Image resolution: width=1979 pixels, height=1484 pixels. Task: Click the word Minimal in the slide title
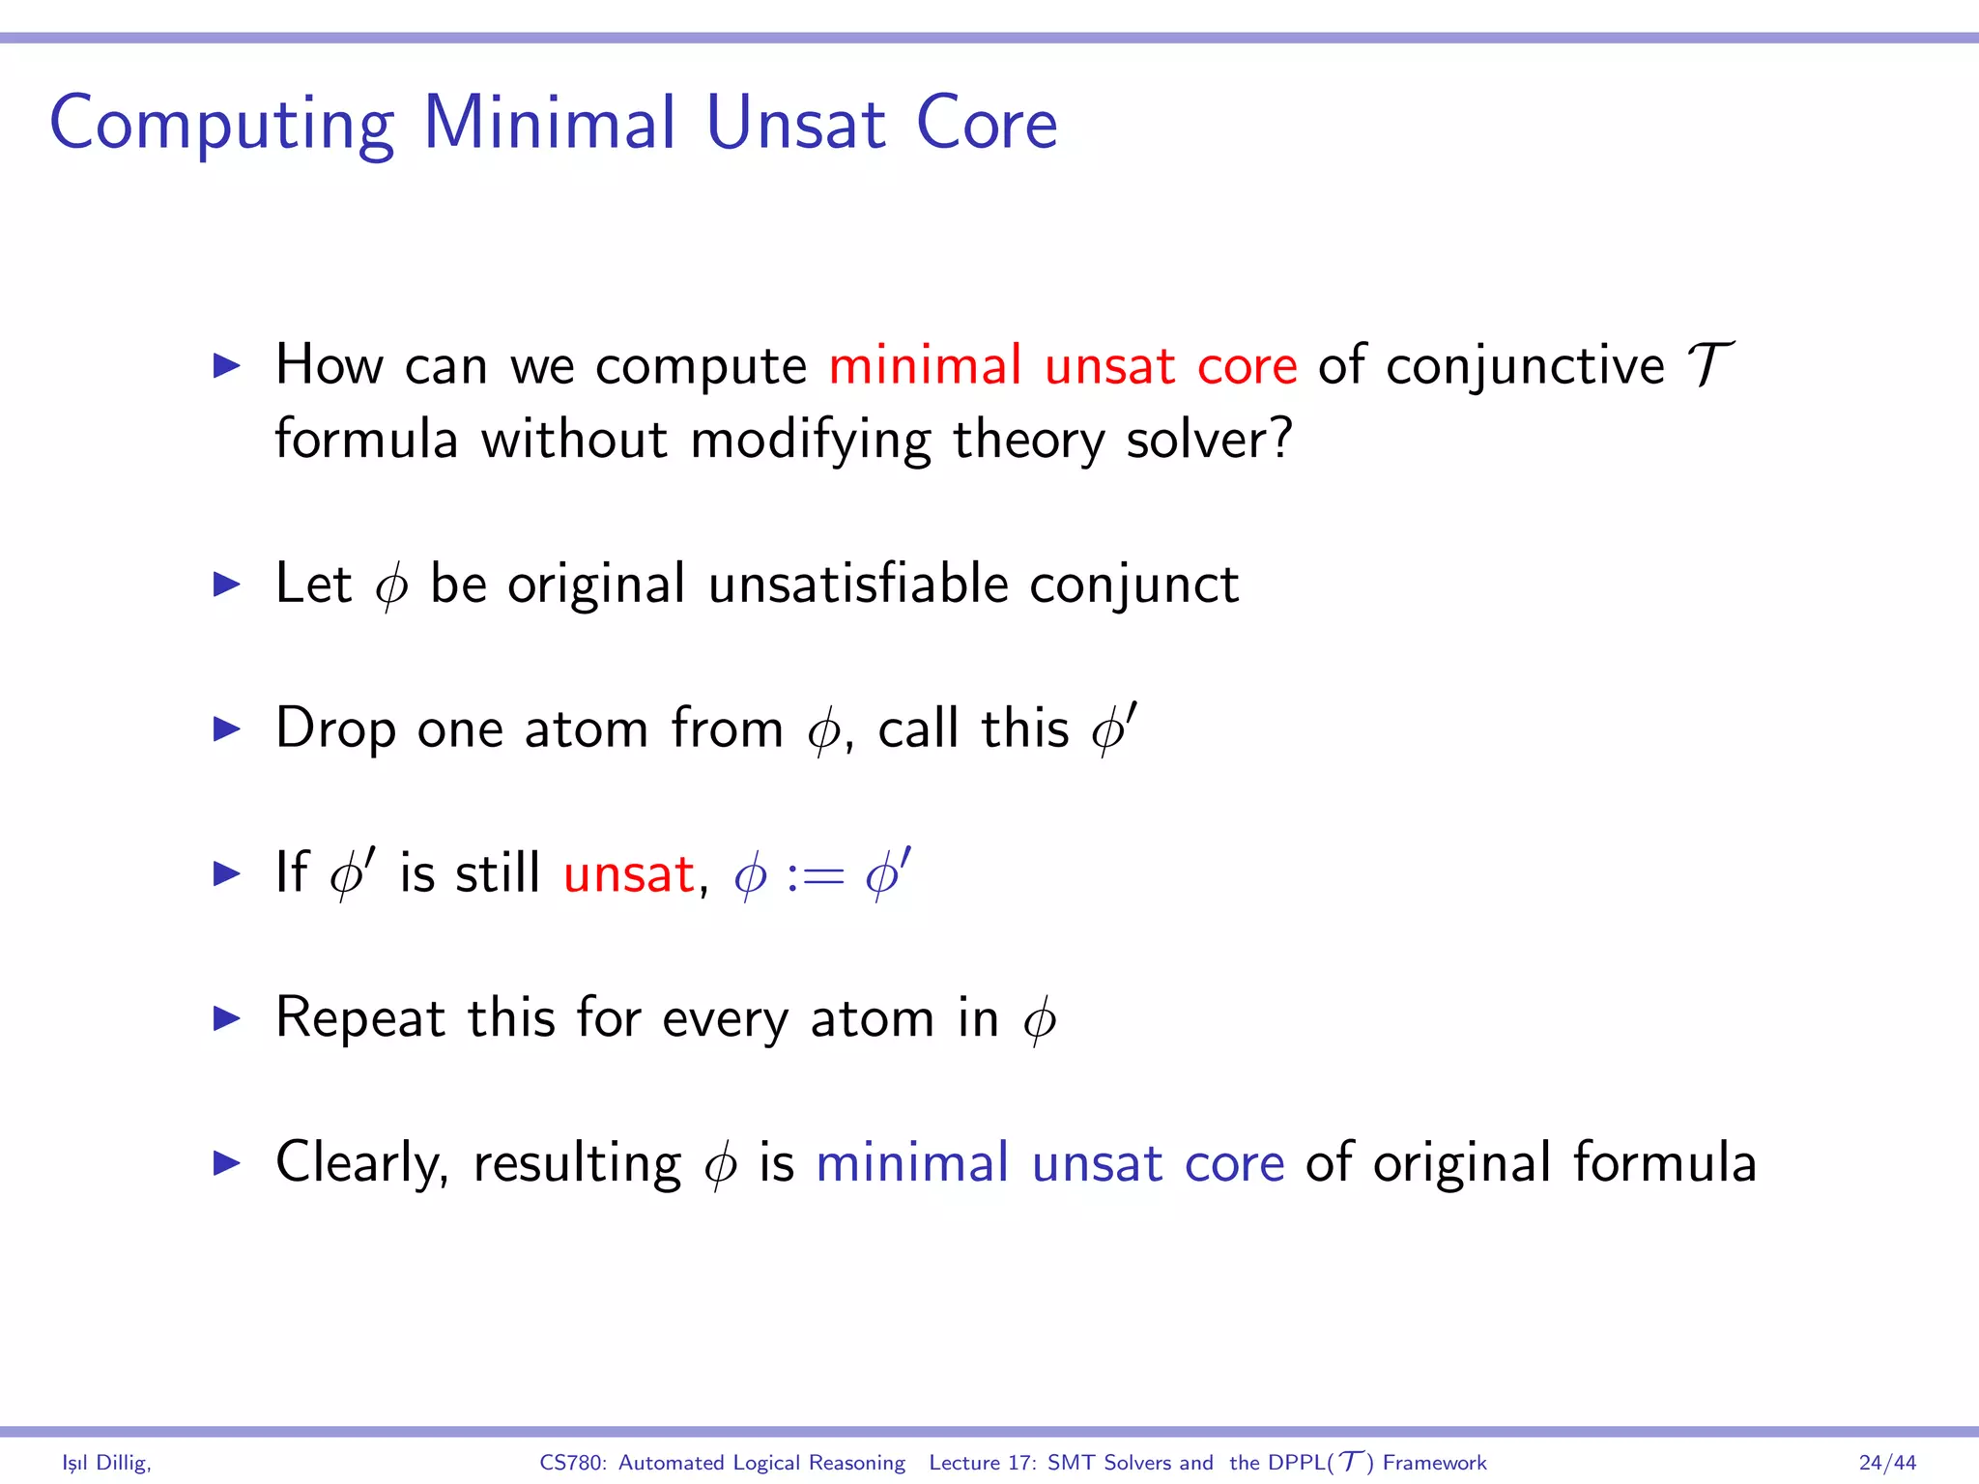coord(549,124)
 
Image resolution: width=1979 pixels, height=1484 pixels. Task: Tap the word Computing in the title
coord(221,126)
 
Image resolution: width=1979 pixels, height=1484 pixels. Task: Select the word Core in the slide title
coord(986,124)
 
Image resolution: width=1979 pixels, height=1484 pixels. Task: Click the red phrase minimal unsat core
coord(1062,366)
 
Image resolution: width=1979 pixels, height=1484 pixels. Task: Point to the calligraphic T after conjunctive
coord(1707,365)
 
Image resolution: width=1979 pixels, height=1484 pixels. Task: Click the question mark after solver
coord(1281,440)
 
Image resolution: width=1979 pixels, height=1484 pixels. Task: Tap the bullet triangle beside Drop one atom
coord(226,728)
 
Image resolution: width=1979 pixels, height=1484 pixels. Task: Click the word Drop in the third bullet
coord(335,728)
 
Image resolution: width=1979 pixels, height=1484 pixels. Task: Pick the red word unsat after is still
coord(628,874)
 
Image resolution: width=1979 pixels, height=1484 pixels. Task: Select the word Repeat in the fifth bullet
coord(360,1018)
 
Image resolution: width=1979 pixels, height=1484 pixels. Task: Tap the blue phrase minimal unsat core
coord(1049,1163)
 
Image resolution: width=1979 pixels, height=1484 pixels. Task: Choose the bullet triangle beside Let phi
coord(226,584)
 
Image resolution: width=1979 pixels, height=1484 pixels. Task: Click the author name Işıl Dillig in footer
coord(105,1463)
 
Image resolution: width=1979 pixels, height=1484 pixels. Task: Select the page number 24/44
coord(1886,1463)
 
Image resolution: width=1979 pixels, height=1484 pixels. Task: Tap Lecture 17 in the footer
coord(981,1463)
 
